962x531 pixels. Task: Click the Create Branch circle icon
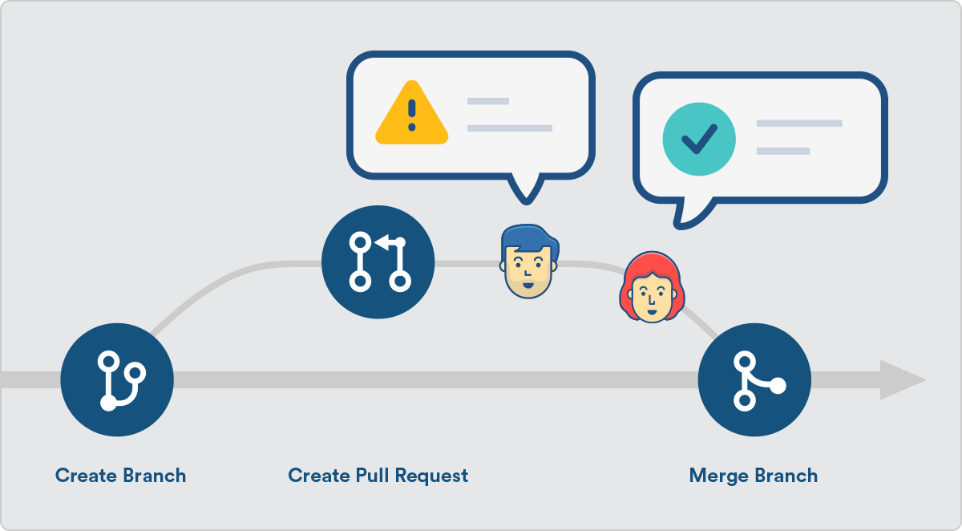pyautogui.click(x=116, y=379)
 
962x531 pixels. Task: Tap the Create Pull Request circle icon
pyautogui.click(x=378, y=261)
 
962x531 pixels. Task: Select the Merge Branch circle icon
pyautogui.click(x=754, y=379)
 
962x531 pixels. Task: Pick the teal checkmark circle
pyautogui.click(x=698, y=139)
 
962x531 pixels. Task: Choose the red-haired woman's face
pyautogui.click(x=650, y=299)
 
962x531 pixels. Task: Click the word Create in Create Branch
pyautogui.click(x=86, y=476)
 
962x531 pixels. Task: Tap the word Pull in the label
pyautogui.click(x=372, y=476)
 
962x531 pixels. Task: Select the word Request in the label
pyautogui.click(x=432, y=476)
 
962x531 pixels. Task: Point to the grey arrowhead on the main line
pyautogui.click(x=902, y=379)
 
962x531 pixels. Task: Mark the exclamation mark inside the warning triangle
pyautogui.click(x=411, y=115)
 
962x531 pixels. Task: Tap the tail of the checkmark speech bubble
pyautogui.click(x=689, y=212)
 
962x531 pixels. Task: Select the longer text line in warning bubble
pyautogui.click(x=510, y=128)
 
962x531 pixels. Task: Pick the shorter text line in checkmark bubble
pyautogui.click(x=783, y=151)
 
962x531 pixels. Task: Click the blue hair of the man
pyautogui.click(x=527, y=237)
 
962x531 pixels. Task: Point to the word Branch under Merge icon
pyautogui.click(x=786, y=476)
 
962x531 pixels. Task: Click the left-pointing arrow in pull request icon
pyautogui.click(x=389, y=241)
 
